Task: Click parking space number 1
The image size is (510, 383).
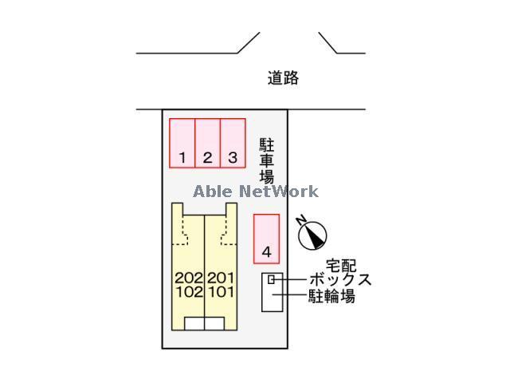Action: tap(182, 144)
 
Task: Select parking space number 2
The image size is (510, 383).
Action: tap(207, 144)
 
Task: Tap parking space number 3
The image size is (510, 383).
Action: tap(233, 144)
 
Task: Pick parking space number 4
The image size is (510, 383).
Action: tap(266, 239)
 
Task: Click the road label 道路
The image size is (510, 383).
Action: tap(283, 78)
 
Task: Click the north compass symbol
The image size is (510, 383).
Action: tap(312, 234)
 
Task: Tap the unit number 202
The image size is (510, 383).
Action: tap(189, 278)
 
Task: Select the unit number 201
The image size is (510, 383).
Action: tap(220, 278)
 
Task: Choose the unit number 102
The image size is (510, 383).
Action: tap(189, 292)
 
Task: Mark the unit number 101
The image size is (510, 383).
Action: tap(220, 292)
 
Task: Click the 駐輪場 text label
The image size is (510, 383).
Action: tap(331, 297)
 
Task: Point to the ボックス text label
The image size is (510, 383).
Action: tap(341, 280)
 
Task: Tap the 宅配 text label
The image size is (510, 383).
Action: tap(340, 265)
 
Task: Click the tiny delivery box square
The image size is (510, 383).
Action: tap(272, 279)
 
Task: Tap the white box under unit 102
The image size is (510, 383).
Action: tap(194, 323)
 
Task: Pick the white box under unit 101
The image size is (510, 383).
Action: tap(214, 323)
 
